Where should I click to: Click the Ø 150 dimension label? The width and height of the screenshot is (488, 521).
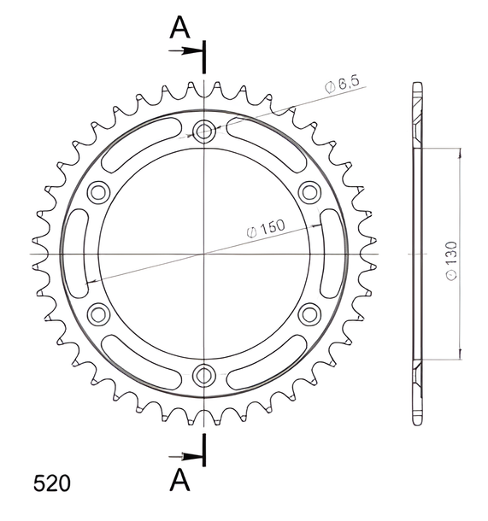click(266, 228)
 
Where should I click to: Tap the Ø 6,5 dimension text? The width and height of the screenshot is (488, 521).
click(342, 85)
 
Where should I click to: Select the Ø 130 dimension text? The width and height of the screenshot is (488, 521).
click(452, 260)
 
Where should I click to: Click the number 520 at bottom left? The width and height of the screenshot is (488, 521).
click(52, 483)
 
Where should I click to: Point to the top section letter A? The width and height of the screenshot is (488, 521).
click(179, 27)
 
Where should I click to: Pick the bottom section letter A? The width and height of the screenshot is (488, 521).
click(179, 479)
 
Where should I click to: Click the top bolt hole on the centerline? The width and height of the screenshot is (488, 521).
click(204, 132)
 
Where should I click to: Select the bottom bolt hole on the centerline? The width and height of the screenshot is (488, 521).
click(204, 376)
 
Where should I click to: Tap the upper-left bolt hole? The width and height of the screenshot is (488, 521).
click(98, 192)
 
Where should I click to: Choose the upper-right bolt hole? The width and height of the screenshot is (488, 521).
click(310, 192)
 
